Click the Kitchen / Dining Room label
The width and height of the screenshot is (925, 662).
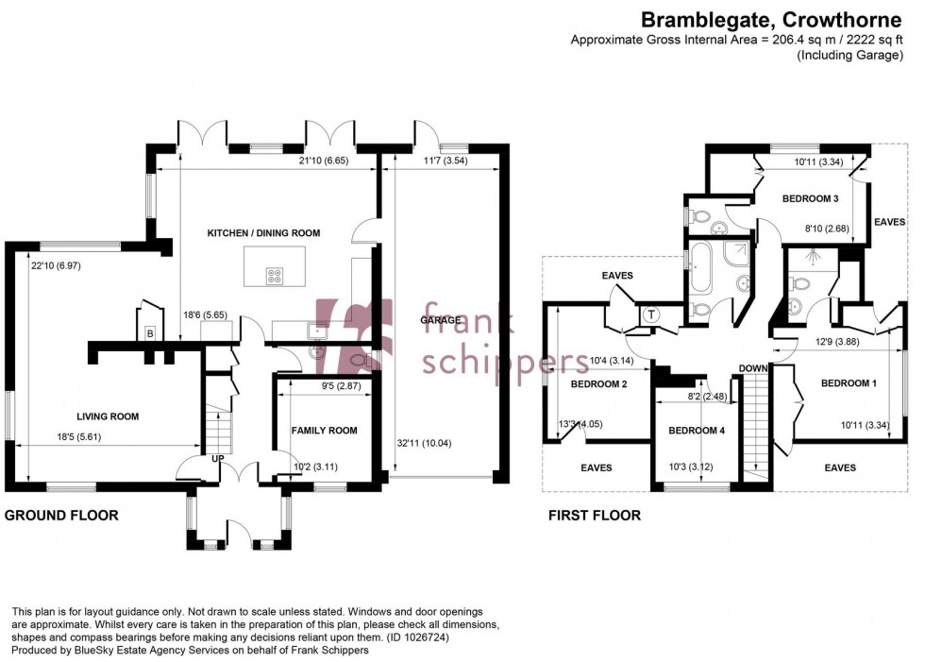pos(265,232)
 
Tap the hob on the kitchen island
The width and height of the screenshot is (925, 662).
pos(276,276)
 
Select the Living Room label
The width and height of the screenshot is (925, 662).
pos(109,416)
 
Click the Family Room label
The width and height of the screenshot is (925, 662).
pos(324,431)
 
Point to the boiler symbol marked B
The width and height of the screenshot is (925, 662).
pos(150,333)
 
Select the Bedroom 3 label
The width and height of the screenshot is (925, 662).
pos(810,198)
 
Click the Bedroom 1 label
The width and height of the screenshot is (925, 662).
pos(849,383)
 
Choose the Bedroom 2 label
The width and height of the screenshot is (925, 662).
pos(599,384)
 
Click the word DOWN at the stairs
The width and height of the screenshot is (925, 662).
pos(752,368)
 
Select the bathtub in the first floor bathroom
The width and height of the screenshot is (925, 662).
pos(700,267)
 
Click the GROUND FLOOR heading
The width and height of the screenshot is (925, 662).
pos(62,516)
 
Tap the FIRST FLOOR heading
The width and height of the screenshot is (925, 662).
pos(595,516)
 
